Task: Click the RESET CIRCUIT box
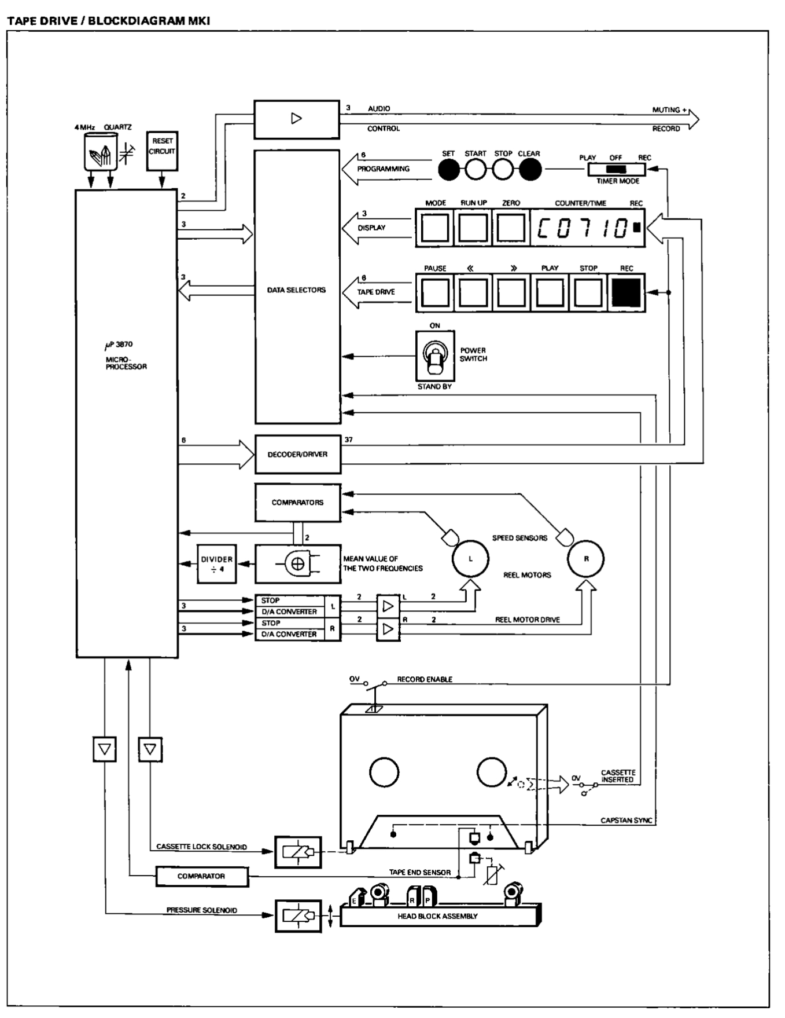(162, 149)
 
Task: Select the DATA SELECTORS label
(296, 290)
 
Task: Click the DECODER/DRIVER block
(297, 455)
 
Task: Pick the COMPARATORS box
(297, 503)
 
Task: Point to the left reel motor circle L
(470, 559)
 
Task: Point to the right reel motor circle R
(585, 559)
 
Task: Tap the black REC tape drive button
(626, 292)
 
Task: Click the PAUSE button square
(435, 292)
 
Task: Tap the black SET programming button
(448, 170)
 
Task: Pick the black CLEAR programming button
(529, 170)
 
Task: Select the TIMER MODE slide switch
(616, 170)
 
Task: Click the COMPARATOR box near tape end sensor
(201, 876)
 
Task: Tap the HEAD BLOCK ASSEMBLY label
(437, 916)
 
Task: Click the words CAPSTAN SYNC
(626, 821)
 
